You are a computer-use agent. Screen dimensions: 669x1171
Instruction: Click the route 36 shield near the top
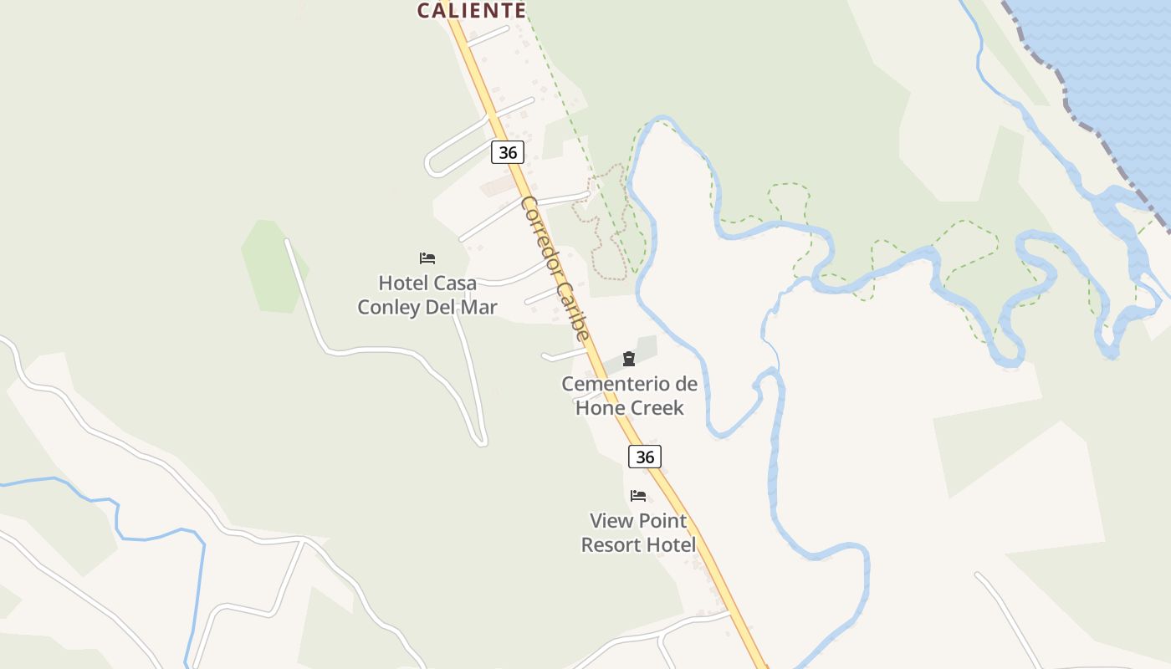[508, 152]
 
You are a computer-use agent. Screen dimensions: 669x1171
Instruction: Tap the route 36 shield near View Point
[644, 457]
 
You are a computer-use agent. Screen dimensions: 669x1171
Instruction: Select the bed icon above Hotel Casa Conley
[427, 258]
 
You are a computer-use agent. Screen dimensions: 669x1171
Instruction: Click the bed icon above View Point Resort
[638, 496]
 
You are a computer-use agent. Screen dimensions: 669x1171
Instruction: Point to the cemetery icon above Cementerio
[629, 360]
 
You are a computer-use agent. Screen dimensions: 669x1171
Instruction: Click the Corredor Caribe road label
[555, 268]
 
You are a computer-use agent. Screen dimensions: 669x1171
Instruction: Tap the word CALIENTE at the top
[471, 10]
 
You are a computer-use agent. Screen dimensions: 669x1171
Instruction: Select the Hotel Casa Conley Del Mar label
[427, 295]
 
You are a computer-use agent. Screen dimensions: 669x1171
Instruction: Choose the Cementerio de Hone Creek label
[629, 396]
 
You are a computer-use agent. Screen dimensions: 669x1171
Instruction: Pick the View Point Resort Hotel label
[638, 533]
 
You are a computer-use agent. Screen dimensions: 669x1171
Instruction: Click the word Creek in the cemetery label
[657, 408]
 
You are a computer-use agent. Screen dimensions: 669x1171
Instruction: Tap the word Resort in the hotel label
[611, 545]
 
